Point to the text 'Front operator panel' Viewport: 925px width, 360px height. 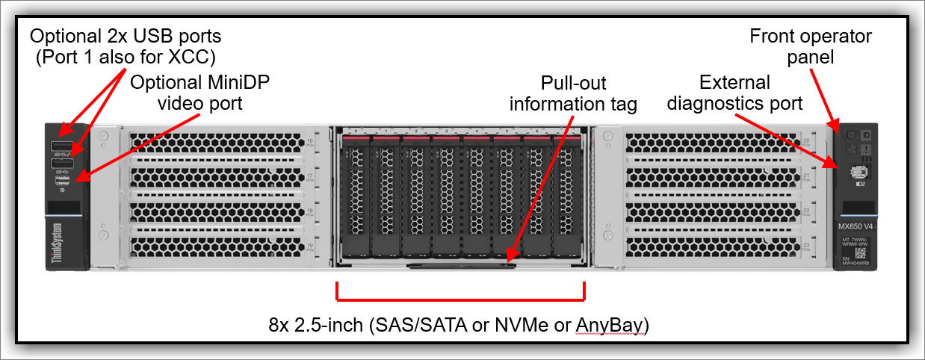(x=810, y=46)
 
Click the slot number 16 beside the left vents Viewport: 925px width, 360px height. (x=311, y=140)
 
